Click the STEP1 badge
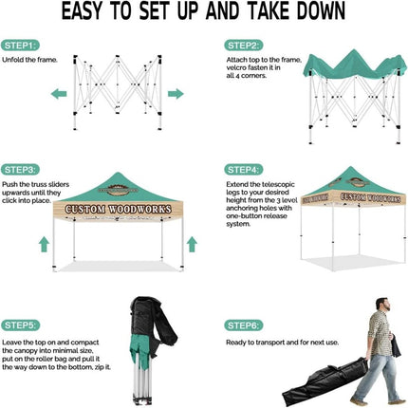(x=20, y=45)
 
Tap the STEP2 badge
(x=244, y=45)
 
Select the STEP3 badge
(x=20, y=168)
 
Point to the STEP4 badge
(x=244, y=168)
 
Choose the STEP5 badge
(x=20, y=325)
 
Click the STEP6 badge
(x=244, y=325)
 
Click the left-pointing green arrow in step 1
(x=58, y=93)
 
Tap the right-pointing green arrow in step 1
(x=175, y=93)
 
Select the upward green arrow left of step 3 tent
(x=44, y=244)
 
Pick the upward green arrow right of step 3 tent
(x=192, y=244)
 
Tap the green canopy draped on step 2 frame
(x=351, y=68)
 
